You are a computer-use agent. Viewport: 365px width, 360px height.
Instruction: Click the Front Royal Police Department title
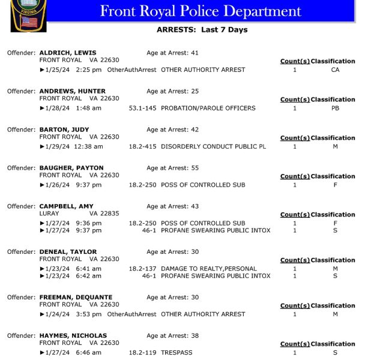pos(201,11)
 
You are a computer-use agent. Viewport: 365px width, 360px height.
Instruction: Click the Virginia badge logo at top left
pos(28,15)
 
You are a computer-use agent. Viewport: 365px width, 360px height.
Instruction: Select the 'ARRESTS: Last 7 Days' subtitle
pos(202,30)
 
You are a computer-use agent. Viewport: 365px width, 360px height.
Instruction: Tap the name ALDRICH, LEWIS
pos(68,53)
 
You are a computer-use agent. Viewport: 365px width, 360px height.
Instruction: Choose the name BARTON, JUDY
pos(64,130)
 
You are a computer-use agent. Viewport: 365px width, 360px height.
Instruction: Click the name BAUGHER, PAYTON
pos(71,168)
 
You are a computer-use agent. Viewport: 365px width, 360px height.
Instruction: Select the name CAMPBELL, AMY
pos(66,206)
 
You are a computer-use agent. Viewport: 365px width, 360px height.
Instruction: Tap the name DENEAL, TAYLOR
pos(68,252)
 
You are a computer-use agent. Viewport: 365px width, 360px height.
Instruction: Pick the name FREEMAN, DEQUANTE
pos(76,298)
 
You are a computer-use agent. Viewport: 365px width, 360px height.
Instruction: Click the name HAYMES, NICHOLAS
pos(73,336)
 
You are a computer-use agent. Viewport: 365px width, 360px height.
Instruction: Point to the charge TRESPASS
pos(176,353)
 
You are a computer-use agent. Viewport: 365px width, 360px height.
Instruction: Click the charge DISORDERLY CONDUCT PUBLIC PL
pos(213,146)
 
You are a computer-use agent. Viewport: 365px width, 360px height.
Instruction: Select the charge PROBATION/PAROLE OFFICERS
pos(208,108)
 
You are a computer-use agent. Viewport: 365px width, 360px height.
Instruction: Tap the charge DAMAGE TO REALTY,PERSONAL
pos(208,269)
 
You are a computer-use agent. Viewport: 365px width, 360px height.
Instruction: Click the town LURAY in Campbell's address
pos(49,214)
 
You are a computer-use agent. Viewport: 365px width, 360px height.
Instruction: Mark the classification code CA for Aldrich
pos(335,70)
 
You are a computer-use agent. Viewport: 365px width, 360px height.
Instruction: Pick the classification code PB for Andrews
pos(335,108)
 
